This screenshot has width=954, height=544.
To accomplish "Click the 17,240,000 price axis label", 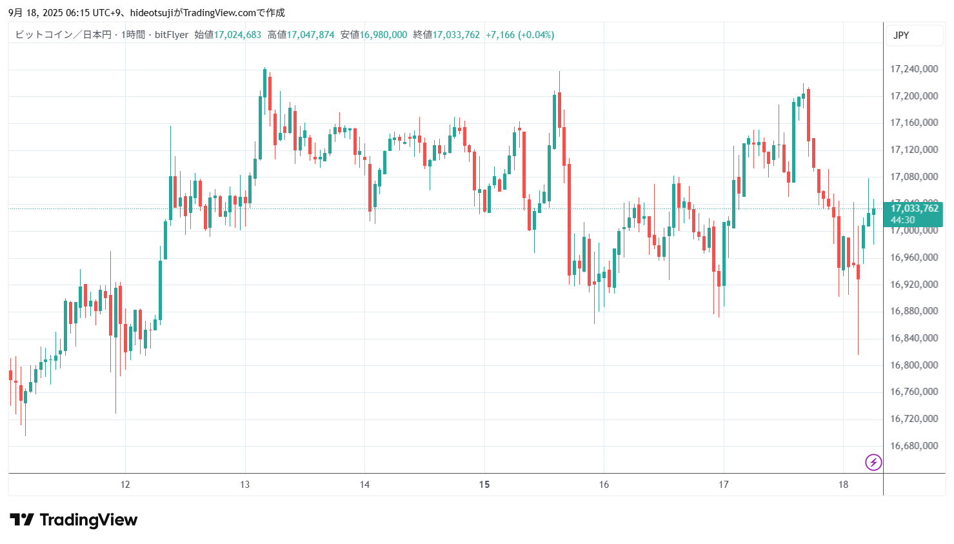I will pos(913,69).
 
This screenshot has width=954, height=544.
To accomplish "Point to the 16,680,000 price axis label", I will pos(913,446).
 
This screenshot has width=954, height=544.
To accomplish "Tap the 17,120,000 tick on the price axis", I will pos(913,150).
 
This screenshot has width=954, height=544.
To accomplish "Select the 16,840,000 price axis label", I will pos(913,338).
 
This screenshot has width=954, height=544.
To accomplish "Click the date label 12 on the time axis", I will pos(125,485).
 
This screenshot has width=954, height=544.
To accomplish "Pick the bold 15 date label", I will pos(484,485).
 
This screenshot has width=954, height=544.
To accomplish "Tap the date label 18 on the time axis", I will pos(843,485).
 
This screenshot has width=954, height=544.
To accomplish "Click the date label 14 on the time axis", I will pos(364,485).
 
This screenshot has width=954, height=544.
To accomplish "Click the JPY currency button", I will pos(901,35).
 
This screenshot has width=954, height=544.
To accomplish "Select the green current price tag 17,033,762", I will pos(914,208).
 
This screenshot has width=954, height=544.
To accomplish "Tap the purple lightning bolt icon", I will pos(873,462).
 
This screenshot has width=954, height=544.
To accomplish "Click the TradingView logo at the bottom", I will pos(74,520).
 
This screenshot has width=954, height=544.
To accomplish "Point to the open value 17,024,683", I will pos(237,35).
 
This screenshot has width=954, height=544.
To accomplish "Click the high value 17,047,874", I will pos(310,35).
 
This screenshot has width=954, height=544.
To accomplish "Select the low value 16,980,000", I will pos(383,35).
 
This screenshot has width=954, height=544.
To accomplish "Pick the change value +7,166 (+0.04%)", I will pos(520,35).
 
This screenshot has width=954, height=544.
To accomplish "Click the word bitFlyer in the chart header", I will pos(172,35).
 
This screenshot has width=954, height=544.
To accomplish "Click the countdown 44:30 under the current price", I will pos(902,220).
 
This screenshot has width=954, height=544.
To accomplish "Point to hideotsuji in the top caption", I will pos(152,13).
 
